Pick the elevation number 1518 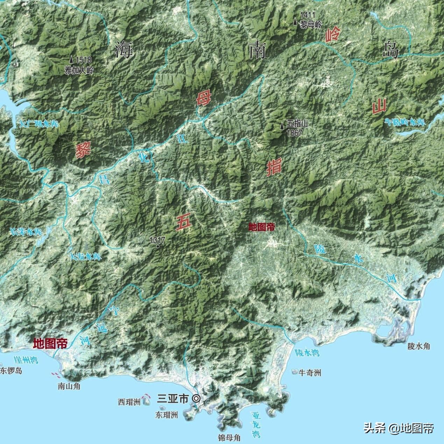82,60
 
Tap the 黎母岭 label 311,24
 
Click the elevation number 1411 308,15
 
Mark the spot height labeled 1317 158,246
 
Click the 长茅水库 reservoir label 26,232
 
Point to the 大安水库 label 86,257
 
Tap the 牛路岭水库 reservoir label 405,122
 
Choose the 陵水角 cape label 418,346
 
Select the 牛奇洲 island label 309,373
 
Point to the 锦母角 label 229,437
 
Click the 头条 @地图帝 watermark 399,428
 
